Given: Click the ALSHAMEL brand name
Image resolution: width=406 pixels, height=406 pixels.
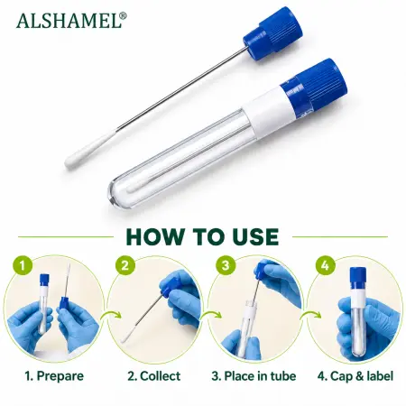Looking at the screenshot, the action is point(69,21).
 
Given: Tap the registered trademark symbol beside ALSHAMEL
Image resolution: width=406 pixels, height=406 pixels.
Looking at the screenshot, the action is point(124,15).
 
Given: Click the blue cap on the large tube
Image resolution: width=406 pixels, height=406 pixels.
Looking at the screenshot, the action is point(314,86).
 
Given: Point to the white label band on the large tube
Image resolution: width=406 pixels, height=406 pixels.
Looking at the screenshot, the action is point(269,113).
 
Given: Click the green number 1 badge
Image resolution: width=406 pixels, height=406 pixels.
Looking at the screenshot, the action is point(23,265).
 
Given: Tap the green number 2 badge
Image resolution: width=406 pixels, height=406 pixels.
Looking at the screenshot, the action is point(125,265).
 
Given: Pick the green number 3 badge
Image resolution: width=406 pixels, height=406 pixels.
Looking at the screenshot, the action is point(226,265).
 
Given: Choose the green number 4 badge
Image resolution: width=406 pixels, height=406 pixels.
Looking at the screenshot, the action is point(325,265).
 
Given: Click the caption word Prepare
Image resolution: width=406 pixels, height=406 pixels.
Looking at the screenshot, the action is point(60,376).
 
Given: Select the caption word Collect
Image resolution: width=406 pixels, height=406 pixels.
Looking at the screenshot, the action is point(161,376).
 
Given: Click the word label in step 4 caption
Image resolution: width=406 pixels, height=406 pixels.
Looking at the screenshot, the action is point(379,376).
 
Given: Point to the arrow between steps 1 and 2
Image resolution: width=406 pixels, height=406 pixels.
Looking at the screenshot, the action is point(111,316).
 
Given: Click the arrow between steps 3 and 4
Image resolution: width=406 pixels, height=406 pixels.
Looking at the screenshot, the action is point(310,316).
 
